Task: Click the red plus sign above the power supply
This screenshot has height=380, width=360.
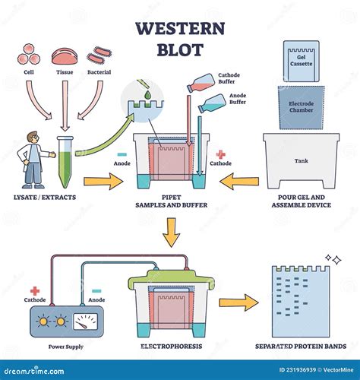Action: [35, 290]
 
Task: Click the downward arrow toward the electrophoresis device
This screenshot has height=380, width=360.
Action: [173, 233]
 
